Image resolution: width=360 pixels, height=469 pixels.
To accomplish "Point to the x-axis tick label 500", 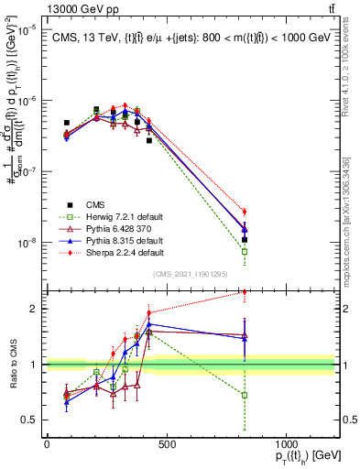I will pyautogui.click(x=167, y=443).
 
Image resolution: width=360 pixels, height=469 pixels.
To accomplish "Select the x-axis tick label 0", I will pyautogui.click(x=47, y=443).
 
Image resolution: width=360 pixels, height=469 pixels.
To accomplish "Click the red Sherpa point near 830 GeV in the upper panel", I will pyautogui.click(x=245, y=212).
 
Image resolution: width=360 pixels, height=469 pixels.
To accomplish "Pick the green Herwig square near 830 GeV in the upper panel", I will pyautogui.click(x=245, y=251).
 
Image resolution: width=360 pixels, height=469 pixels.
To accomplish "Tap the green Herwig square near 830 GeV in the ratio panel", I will pyautogui.click(x=245, y=395).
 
